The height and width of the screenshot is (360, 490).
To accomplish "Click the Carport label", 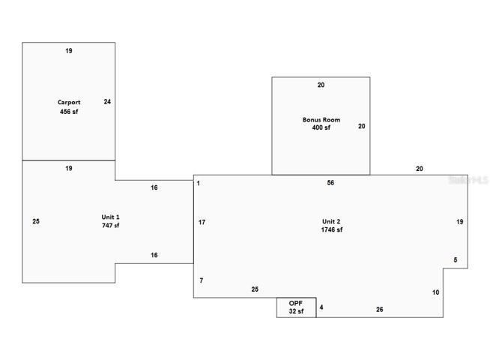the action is (x=69, y=102).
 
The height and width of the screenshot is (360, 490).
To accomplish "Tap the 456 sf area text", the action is (x=69, y=112).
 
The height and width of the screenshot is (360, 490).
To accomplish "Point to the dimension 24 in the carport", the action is (x=107, y=102).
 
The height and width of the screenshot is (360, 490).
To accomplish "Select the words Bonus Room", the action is (x=321, y=120).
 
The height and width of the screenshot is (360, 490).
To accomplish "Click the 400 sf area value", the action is (x=321, y=127).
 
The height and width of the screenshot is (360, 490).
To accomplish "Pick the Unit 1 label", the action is (x=110, y=217).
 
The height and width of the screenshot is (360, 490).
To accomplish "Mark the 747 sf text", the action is (x=110, y=225).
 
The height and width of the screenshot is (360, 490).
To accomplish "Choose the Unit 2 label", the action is (x=331, y=221).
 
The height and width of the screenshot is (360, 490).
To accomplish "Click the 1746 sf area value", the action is (x=332, y=229).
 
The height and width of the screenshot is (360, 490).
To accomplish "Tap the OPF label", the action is (x=296, y=303).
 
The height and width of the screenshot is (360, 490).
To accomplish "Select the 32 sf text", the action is (x=296, y=311).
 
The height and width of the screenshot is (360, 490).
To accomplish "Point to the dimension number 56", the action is (x=330, y=183).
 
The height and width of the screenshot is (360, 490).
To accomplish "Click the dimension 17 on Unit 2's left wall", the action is (x=202, y=222).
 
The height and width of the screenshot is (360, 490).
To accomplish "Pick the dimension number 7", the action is (x=202, y=280).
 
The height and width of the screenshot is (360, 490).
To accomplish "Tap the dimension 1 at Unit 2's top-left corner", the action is (x=199, y=183).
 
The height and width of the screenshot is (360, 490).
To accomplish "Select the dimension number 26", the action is (x=379, y=309).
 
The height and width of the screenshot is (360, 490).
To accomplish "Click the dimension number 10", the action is (x=435, y=292).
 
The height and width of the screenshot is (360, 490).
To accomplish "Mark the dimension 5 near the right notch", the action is (x=456, y=260).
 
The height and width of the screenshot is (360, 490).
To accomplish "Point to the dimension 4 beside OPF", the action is (x=321, y=307).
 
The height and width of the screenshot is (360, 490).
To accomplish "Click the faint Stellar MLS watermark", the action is (x=468, y=180).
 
